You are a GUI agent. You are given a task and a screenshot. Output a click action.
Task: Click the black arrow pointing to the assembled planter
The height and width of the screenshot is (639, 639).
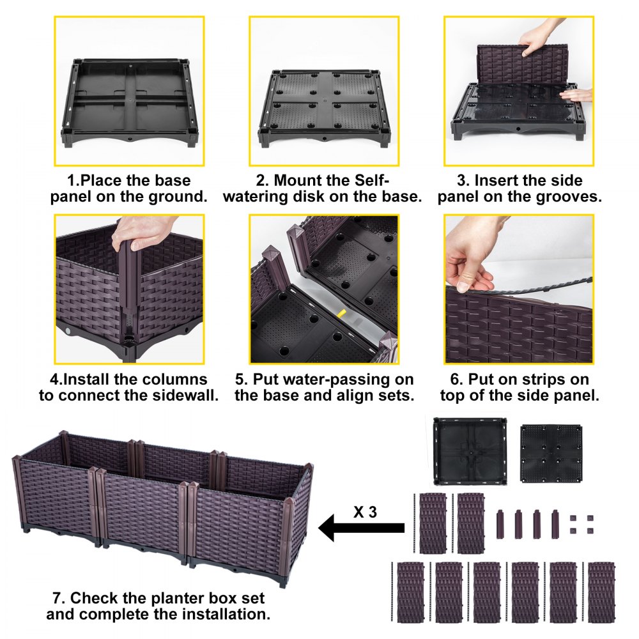point(361,528)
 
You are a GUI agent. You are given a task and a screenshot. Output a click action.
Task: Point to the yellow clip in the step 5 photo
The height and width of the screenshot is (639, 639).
point(341,315)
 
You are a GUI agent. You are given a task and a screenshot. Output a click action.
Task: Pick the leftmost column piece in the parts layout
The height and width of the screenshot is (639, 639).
point(500,524)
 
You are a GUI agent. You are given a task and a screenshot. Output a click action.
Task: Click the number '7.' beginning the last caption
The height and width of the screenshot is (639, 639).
point(59,599)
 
